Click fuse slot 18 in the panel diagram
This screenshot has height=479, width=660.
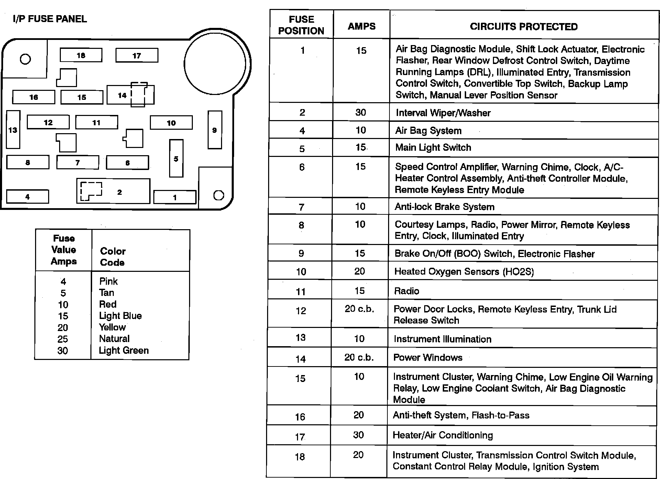81,55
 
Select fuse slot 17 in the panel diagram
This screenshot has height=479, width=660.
137,55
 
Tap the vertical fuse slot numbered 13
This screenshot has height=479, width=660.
13,130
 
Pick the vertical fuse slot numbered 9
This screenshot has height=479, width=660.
215,130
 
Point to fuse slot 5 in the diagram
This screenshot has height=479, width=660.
176,158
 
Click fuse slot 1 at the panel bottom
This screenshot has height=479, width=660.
175,197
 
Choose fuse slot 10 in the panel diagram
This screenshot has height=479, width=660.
171,123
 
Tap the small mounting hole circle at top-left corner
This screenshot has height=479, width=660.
25,59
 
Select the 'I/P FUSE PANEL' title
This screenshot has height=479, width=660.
50,19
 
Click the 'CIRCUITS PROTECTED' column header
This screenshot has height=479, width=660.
524,26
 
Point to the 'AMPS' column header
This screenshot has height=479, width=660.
362,26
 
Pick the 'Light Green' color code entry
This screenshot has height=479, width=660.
124,350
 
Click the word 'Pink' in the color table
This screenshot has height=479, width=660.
108,281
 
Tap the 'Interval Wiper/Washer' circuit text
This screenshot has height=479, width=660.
443,113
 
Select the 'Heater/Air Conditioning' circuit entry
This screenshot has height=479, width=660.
443,435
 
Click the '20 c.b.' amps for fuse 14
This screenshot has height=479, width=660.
359,358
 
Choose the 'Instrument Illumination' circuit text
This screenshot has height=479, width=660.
442,339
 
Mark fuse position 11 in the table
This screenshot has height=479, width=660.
301,292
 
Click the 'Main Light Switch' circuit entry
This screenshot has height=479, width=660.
433,148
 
